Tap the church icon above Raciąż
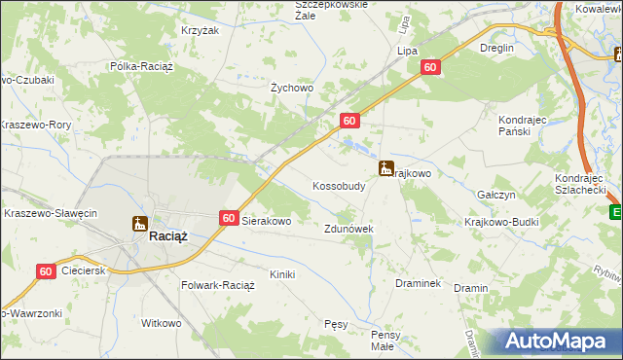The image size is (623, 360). click(x=140, y=223)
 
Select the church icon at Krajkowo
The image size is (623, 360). click(x=387, y=167)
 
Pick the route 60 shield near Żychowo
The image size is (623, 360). click(x=351, y=120)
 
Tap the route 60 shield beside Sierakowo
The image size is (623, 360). click(x=228, y=219)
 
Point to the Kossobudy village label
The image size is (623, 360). click(x=339, y=185)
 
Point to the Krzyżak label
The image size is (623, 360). click(x=199, y=31)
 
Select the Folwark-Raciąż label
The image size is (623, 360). click(x=218, y=286)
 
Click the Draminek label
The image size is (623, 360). click(x=419, y=283)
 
